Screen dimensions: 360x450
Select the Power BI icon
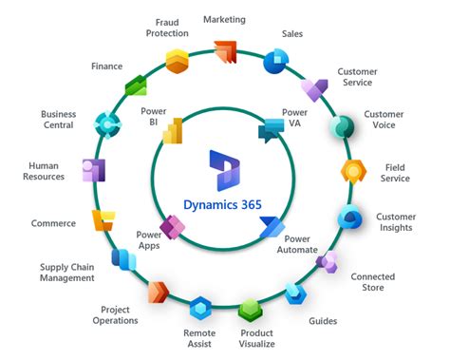point(173,131)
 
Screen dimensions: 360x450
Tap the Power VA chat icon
point(272,130)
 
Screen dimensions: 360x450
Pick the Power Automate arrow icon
point(271,228)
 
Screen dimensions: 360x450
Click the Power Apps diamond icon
point(173,228)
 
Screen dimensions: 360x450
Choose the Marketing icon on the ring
point(225,51)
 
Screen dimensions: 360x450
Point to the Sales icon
point(274,61)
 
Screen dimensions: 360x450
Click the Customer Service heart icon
point(313,90)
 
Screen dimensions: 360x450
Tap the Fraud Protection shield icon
point(176,61)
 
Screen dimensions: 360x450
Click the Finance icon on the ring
point(137,86)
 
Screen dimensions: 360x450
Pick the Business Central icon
point(107,123)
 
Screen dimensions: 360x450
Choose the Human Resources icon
point(93,171)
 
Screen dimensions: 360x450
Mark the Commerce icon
point(102,220)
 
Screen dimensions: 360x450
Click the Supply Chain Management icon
point(122,257)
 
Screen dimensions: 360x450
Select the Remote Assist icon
point(199,308)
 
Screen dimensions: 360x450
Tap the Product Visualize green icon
point(250,309)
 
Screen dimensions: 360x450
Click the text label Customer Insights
point(395,222)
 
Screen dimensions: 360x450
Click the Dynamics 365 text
point(224,202)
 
